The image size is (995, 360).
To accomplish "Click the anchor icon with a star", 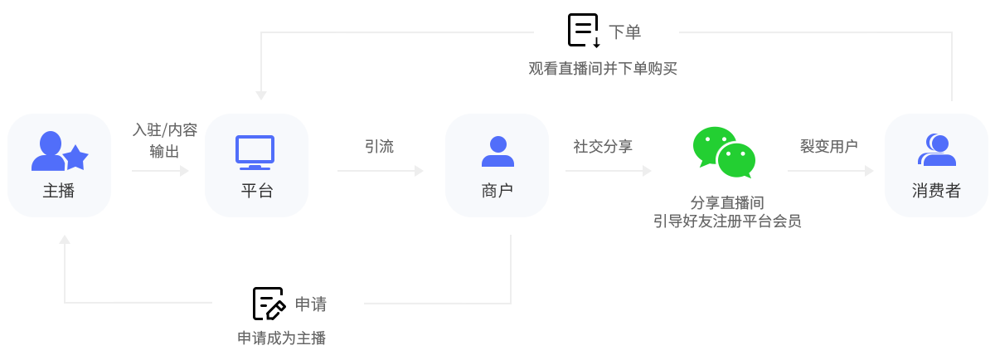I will [60, 151].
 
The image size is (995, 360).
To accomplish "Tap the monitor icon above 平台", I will [255, 152].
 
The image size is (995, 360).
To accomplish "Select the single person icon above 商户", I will [498, 152].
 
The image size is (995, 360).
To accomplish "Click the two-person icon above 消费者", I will [937, 150].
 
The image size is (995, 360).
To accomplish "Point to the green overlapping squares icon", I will [724, 153].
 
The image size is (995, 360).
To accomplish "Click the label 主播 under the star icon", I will [59, 191].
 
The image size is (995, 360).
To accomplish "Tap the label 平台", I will [256, 191].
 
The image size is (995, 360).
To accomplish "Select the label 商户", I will [497, 191].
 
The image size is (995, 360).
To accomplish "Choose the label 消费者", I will [936, 191].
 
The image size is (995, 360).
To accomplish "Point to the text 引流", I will [379, 147].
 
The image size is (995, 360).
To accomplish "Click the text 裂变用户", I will [828, 147].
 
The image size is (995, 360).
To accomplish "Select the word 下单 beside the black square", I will [624, 32].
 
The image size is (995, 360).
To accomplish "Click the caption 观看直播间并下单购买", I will [603, 69].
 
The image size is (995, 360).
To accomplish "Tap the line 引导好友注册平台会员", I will [727, 221].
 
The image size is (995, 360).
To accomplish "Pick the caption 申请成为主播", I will [282, 338].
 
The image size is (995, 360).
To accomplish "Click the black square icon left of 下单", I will [584, 30].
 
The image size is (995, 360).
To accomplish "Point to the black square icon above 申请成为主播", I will [269, 303].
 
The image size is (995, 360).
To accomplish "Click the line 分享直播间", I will [727, 203].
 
